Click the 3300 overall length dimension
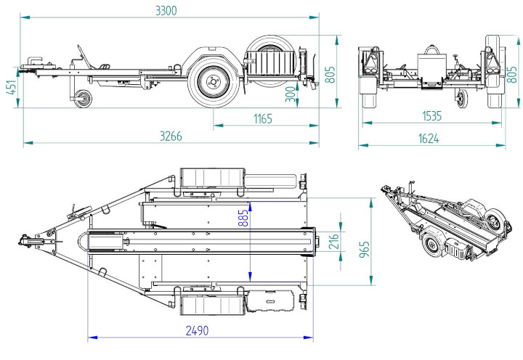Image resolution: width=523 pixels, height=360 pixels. point(166,10)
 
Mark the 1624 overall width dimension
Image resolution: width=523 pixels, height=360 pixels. point(430,138)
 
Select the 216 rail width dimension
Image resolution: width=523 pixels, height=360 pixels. point(334,242)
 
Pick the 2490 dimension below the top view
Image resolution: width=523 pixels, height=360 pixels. point(198,331)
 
